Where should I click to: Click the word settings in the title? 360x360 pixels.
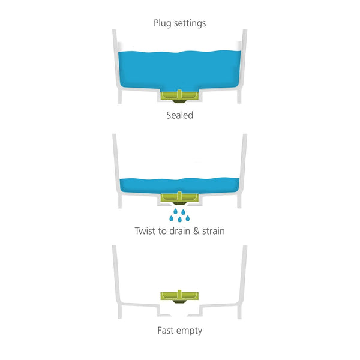coord(190,23)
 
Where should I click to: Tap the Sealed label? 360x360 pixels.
coord(180,115)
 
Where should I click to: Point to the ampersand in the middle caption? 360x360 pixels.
coord(196,231)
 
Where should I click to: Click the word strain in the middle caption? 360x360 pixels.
coord(214,231)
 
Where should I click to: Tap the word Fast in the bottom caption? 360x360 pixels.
coord(165,331)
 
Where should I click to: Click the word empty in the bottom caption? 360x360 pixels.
coord(189,331)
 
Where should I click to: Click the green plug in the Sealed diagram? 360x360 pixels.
coord(179,96)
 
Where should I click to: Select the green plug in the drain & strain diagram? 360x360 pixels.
coord(179,198)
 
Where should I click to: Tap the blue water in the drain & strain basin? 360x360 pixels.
coord(179,185)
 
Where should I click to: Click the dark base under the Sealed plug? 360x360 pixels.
coord(179,101)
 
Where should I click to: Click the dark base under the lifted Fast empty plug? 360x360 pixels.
coord(179,301)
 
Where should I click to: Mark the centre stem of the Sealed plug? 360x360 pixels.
coord(179,94)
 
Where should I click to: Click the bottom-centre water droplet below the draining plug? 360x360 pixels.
coord(180,220)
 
